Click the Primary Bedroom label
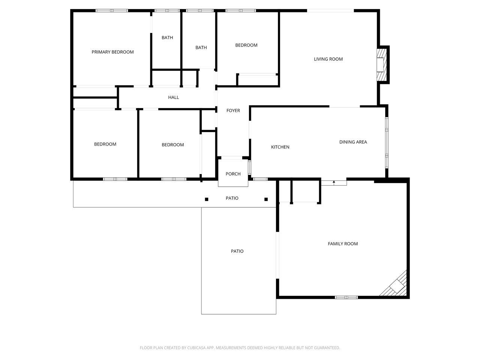(112, 52)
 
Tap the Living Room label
(328, 59)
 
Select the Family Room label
(343, 244)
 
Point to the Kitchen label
(280, 147)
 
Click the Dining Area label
(353, 142)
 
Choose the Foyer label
(233, 111)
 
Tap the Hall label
(173, 97)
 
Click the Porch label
(233, 174)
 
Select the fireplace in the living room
(381, 64)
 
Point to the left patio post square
(206, 199)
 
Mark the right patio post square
(266, 199)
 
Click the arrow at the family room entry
(334, 182)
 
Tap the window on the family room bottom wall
(346, 297)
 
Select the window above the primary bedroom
(112, 10)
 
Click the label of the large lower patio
(237, 251)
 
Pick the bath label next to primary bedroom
(167, 37)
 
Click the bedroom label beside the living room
(246, 45)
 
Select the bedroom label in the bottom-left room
(105, 144)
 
